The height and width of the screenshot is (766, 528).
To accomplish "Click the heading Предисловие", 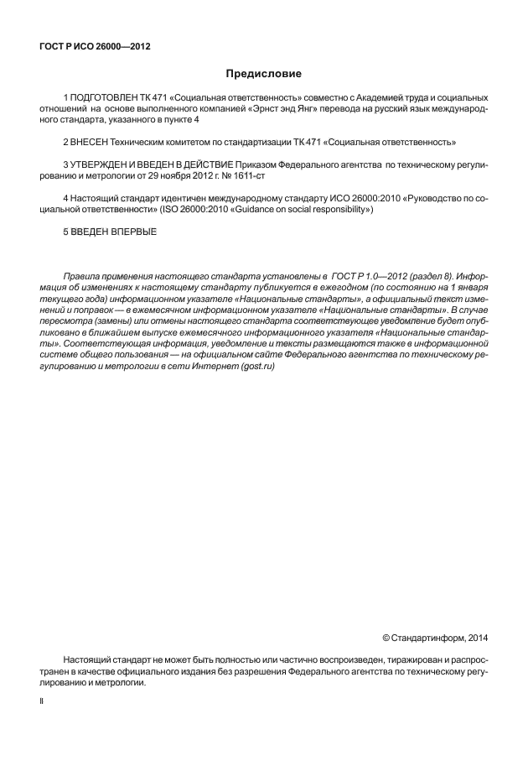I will [264, 74].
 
